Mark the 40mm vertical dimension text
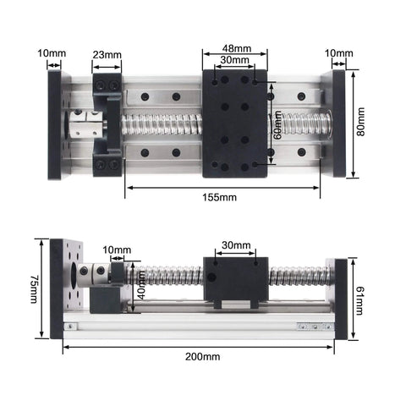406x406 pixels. tap(142, 290)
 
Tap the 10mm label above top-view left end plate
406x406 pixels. tap(52, 54)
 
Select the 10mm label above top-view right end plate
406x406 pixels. tap(339, 54)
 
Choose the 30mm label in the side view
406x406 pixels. tap(236, 245)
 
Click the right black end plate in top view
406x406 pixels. tap(340, 125)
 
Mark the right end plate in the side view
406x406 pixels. tap(341, 299)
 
